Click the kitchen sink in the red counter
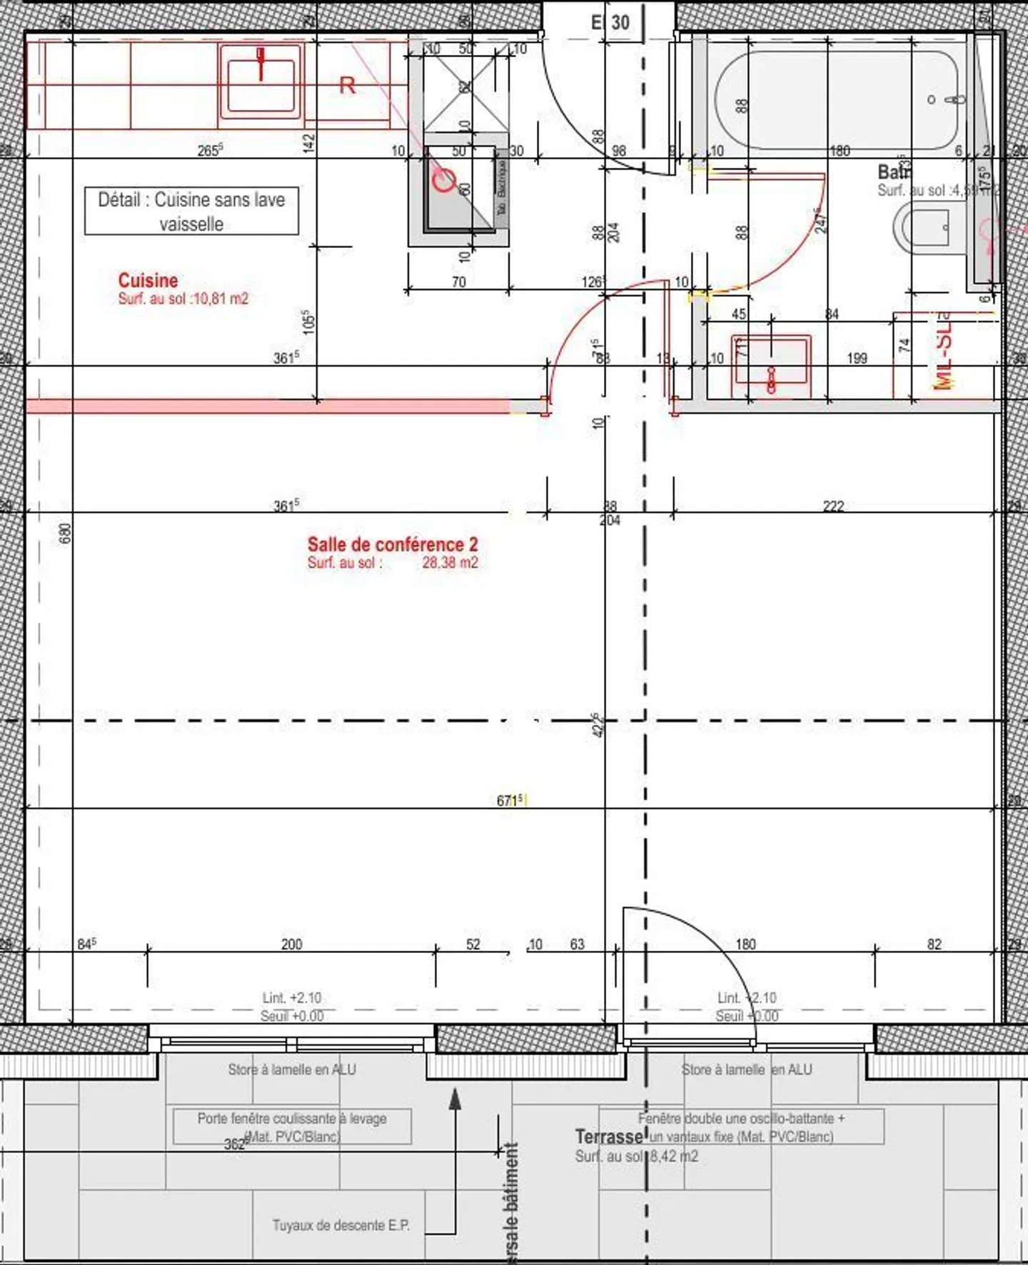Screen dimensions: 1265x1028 261,81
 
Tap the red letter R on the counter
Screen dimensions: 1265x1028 347,86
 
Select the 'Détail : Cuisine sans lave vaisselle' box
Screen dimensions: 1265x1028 191,211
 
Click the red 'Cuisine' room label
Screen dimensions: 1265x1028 148,280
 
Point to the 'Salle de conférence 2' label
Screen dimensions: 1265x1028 393,544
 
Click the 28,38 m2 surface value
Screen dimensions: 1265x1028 450,563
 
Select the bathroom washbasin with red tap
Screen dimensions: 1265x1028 772,365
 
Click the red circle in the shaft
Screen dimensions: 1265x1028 444,181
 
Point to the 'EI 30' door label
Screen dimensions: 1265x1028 610,23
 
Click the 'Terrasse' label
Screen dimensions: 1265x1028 609,1136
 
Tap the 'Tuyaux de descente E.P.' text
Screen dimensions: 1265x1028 341,1225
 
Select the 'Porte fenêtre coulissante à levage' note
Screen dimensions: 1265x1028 292,1119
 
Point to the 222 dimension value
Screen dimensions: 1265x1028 833,506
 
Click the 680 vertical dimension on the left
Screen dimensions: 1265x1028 65,533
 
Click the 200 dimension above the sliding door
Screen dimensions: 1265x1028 291,944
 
